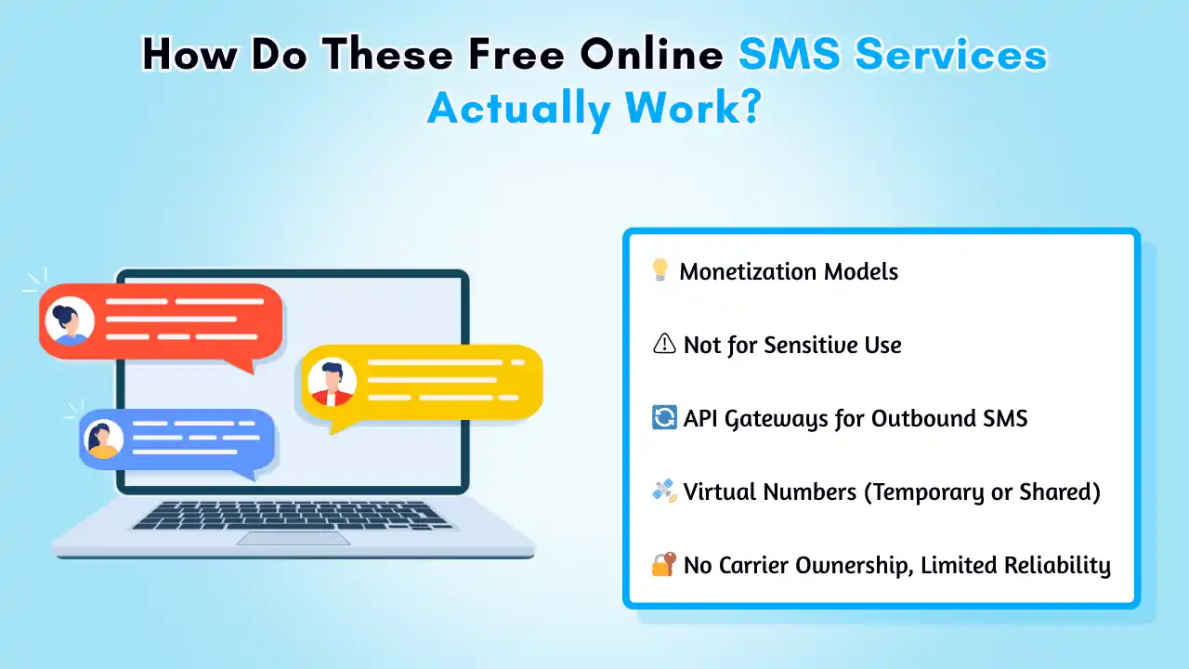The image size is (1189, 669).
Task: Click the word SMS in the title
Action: coord(790,54)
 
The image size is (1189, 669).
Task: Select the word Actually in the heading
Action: coord(519,109)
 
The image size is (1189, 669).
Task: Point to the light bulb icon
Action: coord(660,269)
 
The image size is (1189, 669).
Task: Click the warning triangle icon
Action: coord(664,344)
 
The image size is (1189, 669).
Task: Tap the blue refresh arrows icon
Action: coord(664,417)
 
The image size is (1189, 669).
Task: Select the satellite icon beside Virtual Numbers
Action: coord(664,491)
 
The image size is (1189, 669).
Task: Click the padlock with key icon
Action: coord(664,564)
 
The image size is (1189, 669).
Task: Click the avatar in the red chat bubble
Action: coord(69,321)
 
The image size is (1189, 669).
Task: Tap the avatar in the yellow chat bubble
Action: coord(332,382)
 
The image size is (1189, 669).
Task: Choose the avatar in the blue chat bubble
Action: coord(103,439)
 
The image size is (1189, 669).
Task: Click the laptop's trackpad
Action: coord(294,538)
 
